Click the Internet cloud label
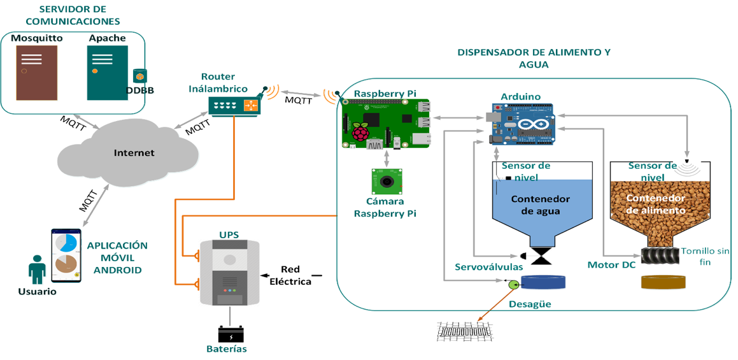[x=134, y=153]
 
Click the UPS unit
[x=229, y=273]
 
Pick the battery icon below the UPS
[x=231, y=334]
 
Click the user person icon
[x=37, y=270]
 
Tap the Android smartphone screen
[x=66, y=255]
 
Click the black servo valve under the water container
[x=543, y=256]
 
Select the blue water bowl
[x=543, y=283]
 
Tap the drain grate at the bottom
[x=465, y=331]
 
